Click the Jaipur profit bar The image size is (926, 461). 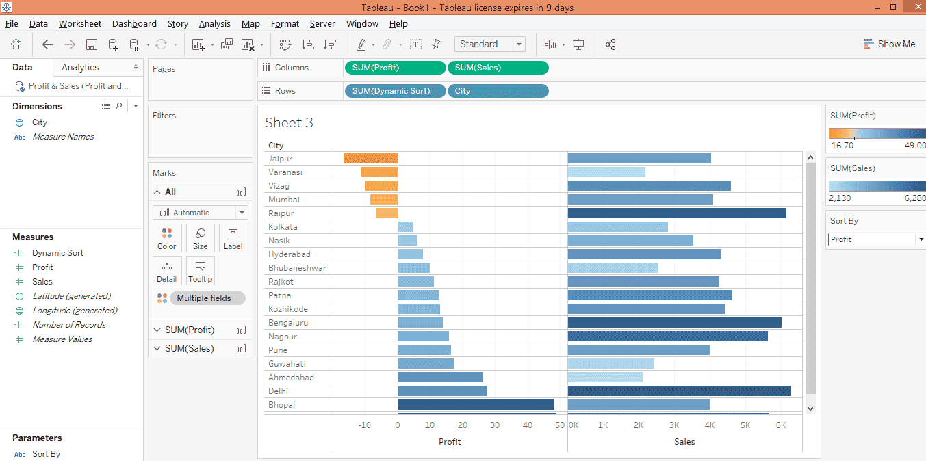pos(370,159)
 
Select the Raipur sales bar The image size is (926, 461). pos(677,213)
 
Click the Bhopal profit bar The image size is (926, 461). pos(476,405)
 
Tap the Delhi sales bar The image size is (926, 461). pos(679,391)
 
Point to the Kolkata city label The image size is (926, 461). pos(283,227)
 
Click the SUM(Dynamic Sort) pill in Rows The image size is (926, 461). pos(395,91)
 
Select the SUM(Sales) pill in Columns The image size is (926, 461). pos(498,68)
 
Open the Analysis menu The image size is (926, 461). pos(214,23)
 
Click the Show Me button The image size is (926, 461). pos(889,44)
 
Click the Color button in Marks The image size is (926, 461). pos(167,238)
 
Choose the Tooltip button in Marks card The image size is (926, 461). pos(201,271)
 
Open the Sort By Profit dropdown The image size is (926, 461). pos(877,239)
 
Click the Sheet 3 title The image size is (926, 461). pos(289,123)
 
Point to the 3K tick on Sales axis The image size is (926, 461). pos(674,425)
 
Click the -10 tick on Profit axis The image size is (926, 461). pos(365,425)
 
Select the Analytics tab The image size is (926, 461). pos(80,67)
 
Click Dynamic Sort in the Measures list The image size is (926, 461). pos(57,253)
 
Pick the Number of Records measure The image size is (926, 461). pos(69,325)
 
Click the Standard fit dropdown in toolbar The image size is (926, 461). pos(489,44)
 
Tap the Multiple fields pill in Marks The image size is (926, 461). pos(203,298)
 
